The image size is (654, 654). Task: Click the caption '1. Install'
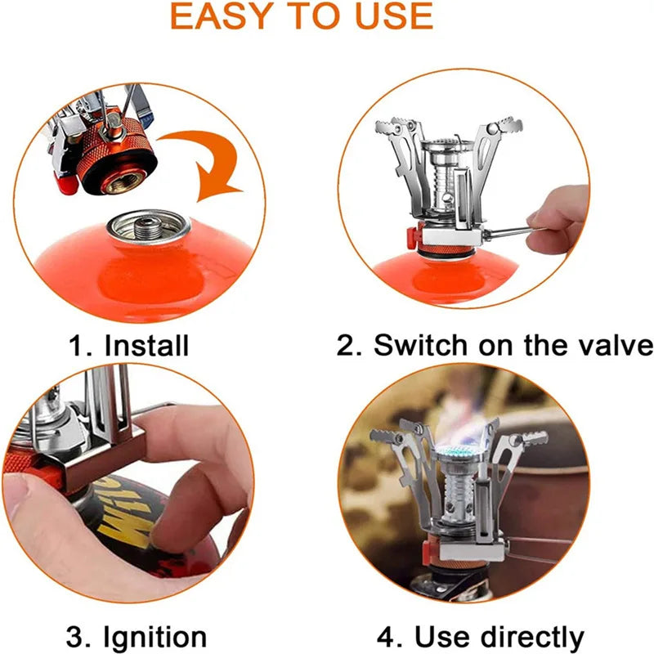coord(128,345)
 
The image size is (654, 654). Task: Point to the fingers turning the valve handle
coord(558,215)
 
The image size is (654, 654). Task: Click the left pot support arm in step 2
coord(398,155)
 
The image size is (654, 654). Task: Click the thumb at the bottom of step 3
coord(49,523)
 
